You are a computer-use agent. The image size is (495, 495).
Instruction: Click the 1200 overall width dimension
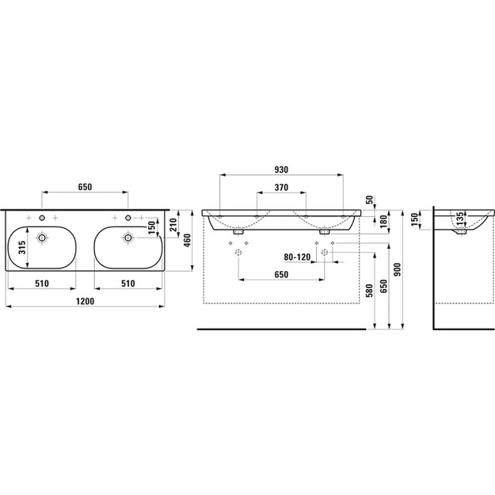[x=85, y=301]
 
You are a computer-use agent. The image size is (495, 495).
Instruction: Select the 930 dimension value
[x=281, y=169]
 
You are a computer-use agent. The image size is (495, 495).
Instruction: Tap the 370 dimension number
[x=281, y=188]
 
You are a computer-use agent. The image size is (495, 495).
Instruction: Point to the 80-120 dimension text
[x=297, y=257]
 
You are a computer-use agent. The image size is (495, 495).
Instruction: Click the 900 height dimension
[x=398, y=269]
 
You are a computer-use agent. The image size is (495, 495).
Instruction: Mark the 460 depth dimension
[x=188, y=241]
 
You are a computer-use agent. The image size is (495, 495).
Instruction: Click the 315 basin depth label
[x=21, y=248]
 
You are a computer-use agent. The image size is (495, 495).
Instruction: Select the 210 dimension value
[x=173, y=225]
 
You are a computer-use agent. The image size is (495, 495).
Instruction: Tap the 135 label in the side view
[x=461, y=219]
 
